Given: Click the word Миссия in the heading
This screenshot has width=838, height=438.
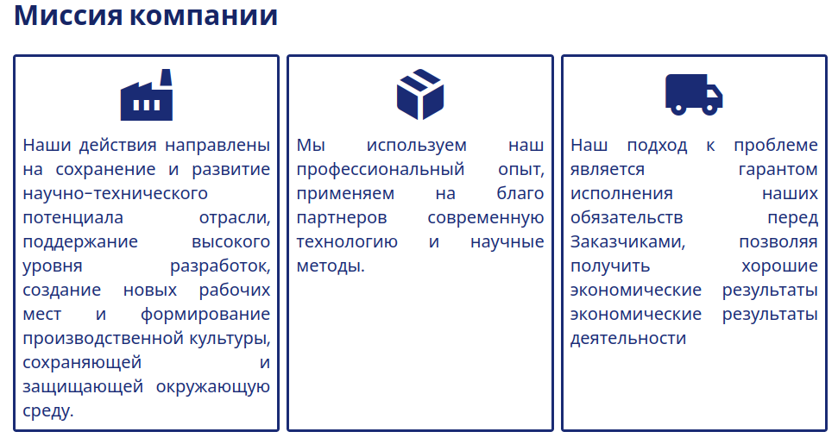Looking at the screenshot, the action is (x=68, y=15).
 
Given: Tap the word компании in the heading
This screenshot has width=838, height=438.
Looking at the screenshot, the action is (x=203, y=16).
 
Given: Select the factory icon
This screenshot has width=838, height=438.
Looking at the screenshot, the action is (x=147, y=95).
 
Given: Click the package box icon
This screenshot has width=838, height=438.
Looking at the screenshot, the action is (x=420, y=94).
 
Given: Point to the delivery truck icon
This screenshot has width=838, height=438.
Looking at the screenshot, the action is (x=694, y=95).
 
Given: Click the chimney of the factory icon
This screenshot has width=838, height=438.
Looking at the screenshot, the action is (x=166, y=78).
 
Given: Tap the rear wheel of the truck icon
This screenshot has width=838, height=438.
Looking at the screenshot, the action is (x=678, y=109).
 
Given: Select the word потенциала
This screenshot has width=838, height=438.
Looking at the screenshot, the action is (x=72, y=218).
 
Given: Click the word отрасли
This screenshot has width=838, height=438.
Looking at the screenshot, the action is (x=235, y=218).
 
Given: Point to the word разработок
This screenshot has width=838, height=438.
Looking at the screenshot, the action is (x=220, y=266).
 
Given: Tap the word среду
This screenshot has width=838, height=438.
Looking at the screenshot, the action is (x=48, y=411).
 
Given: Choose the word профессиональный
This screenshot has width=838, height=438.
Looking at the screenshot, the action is (x=381, y=170).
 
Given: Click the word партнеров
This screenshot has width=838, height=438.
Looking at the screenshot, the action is (x=342, y=218).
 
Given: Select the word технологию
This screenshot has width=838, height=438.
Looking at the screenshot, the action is (x=347, y=242).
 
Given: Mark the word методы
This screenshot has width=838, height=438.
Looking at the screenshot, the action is (x=331, y=266).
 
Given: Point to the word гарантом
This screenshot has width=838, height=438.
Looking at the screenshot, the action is (x=778, y=170).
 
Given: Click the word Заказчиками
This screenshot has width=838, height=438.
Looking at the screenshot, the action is (x=627, y=242).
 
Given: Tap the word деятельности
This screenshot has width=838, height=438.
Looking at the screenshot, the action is (x=628, y=339).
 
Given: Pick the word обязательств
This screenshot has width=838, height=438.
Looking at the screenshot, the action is (x=627, y=218).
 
